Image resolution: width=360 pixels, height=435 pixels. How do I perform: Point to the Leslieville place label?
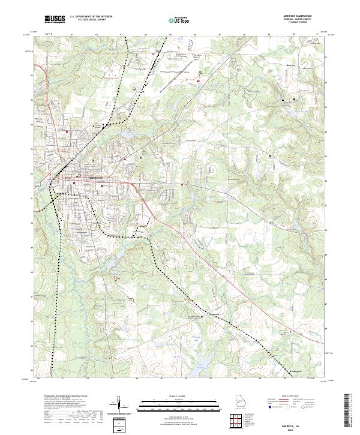[x=214, y=313]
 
